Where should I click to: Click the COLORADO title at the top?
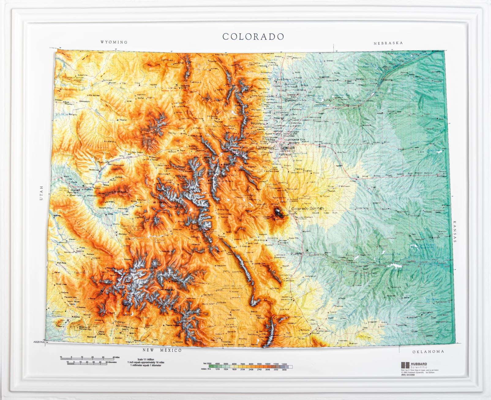click(253, 36)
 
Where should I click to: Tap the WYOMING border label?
click(114, 42)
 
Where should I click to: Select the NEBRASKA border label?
click(388, 43)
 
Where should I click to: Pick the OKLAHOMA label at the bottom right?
click(428, 352)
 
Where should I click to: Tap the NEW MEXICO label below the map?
click(163, 350)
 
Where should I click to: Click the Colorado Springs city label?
click(307, 208)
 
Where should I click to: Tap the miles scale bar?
click(87, 357)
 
